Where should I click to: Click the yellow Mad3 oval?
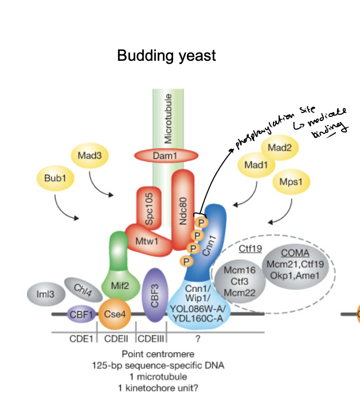89,155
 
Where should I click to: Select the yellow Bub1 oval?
55,178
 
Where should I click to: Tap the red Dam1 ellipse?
166,155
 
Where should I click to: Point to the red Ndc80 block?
183,210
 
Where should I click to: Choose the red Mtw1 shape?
147,241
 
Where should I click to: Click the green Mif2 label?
120,286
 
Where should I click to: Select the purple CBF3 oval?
155,295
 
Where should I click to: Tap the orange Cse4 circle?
115,314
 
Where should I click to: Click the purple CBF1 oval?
81,314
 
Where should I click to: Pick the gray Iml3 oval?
46,294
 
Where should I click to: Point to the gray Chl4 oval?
83,290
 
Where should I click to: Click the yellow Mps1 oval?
291,182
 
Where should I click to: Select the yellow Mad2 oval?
280,147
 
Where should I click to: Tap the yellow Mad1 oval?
256,165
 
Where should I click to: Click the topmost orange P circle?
201,222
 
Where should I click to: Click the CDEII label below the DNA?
116,339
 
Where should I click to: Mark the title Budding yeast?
166,56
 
